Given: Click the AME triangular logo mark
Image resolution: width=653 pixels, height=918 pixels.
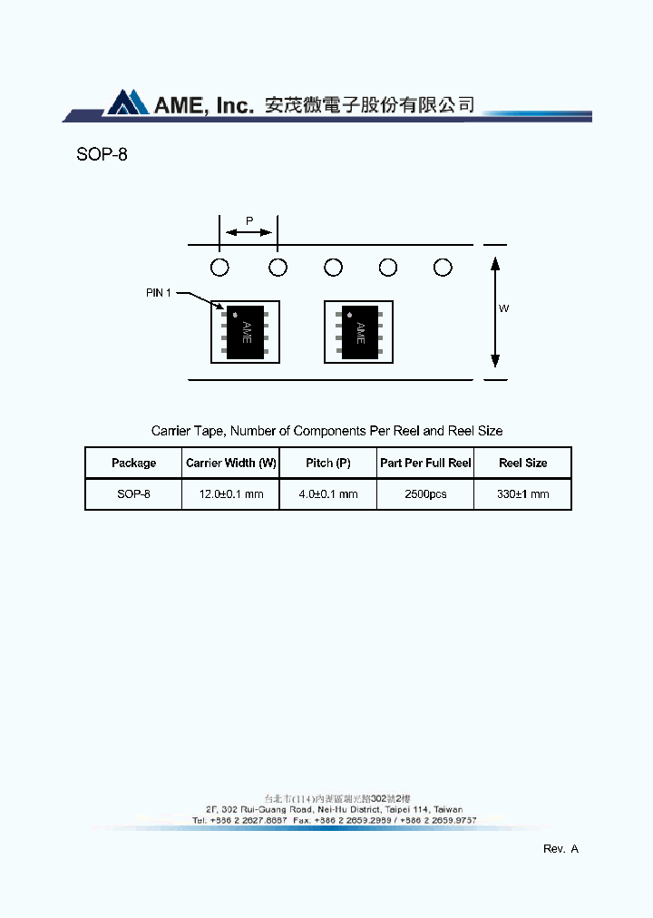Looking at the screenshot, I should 127,103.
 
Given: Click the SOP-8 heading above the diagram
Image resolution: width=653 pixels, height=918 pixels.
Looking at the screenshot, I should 102,154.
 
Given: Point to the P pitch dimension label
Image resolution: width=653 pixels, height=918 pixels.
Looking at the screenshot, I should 249,220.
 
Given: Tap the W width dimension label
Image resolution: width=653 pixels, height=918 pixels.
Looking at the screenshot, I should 504,308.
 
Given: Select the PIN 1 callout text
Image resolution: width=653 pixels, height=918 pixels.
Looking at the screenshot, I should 159,293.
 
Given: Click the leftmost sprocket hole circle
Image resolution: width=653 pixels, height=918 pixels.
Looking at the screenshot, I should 219,268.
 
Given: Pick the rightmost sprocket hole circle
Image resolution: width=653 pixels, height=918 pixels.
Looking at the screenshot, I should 443,268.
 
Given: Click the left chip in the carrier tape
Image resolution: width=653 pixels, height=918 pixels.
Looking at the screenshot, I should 246,332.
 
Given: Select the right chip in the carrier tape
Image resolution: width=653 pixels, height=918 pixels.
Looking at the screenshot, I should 359,332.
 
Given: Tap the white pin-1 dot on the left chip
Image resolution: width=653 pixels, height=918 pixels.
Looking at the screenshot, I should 235,315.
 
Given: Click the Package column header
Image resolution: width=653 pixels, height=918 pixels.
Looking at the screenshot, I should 133,464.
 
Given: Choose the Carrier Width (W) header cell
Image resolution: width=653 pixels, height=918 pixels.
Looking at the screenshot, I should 231,464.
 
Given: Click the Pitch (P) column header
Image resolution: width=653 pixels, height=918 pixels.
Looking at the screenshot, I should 328,464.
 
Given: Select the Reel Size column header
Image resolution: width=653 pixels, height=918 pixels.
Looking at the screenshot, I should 523,464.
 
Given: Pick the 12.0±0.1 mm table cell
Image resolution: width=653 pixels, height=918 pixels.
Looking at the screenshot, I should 231,494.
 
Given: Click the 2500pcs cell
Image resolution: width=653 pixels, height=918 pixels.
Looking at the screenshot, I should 425,494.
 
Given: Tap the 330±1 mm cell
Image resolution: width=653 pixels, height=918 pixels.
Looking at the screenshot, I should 523,494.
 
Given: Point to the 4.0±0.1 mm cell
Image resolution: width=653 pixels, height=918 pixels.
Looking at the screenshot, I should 328,494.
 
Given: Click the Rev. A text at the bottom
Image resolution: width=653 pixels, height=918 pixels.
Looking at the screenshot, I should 560,849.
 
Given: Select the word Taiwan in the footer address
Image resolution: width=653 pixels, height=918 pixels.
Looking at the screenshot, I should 447,809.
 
